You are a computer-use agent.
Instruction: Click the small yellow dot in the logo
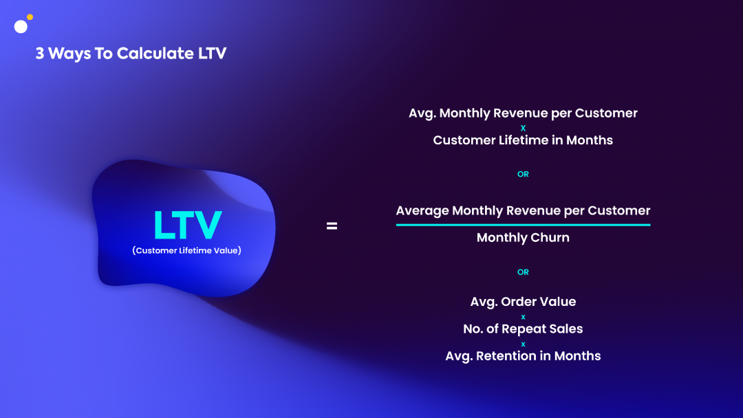pos(30,17)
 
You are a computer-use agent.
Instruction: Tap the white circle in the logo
pos(21,27)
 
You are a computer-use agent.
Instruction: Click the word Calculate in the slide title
pos(155,53)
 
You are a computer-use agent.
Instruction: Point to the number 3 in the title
pos(40,54)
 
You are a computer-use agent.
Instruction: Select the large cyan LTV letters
pos(188,225)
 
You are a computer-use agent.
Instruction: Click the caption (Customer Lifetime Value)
pos(186,250)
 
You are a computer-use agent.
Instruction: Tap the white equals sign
pos(332,226)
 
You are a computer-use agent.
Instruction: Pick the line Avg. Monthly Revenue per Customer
pos(523,113)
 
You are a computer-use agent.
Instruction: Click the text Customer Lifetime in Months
pos(523,140)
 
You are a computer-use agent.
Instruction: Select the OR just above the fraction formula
pos(523,174)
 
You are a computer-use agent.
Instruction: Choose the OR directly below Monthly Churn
pos(523,272)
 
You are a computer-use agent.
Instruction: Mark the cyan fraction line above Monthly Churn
pos(523,225)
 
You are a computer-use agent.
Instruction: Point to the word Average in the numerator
pos(422,211)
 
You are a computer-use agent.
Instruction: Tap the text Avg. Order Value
pos(523,302)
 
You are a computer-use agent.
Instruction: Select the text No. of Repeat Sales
pos(523,329)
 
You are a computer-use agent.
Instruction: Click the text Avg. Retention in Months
pos(523,356)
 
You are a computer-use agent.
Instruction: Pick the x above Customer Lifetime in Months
pos(523,128)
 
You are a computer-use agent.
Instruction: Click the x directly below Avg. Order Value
pos(523,317)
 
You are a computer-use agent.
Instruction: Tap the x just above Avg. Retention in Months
pos(523,344)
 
